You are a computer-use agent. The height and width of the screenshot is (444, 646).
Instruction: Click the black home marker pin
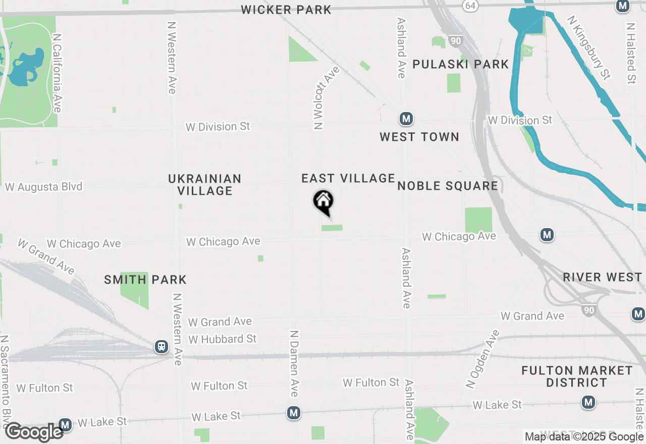pyautogui.click(x=324, y=202)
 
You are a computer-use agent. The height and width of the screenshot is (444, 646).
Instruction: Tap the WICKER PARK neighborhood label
pyautogui.click(x=286, y=10)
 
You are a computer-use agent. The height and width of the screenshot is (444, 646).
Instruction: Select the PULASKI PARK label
pyautogui.click(x=461, y=64)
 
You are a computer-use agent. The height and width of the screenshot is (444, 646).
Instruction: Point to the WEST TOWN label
pyautogui.click(x=419, y=137)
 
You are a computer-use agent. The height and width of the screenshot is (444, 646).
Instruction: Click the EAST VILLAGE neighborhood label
pyautogui.click(x=348, y=178)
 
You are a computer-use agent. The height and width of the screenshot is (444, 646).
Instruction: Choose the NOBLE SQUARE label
pyautogui.click(x=448, y=186)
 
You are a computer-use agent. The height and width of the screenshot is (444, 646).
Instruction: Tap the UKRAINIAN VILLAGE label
pyautogui.click(x=205, y=185)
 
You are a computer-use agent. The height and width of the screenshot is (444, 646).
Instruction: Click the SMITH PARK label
pyautogui.click(x=145, y=280)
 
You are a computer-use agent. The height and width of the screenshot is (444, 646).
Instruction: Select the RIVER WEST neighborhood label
pyautogui.click(x=602, y=277)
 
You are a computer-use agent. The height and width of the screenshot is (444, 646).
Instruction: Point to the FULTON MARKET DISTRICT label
pyautogui.click(x=577, y=376)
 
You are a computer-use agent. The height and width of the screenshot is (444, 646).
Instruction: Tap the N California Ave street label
pyautogui.click(x=57, y=73)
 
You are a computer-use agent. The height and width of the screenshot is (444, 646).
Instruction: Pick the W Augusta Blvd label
pyautogui.click(x=43, y=187)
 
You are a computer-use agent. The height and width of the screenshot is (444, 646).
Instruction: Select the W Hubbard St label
pyautogui.click(x=223, y=339)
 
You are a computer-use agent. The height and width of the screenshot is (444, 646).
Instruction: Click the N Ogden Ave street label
pyautogui.click(x=482, y=359)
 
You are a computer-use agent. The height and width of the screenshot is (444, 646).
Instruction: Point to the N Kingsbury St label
pyautogui.click(x=588, y=47)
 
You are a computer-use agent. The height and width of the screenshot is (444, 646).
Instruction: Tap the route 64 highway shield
pyautogui.click(x=470, y=5)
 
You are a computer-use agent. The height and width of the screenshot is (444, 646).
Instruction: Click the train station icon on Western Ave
pyautogui.click(x=161, y=347)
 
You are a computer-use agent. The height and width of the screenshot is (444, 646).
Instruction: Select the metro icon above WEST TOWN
pyautogui.click(x=406, y=119)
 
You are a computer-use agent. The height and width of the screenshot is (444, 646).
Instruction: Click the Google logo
pyautogui.click(x=34, y=432)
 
